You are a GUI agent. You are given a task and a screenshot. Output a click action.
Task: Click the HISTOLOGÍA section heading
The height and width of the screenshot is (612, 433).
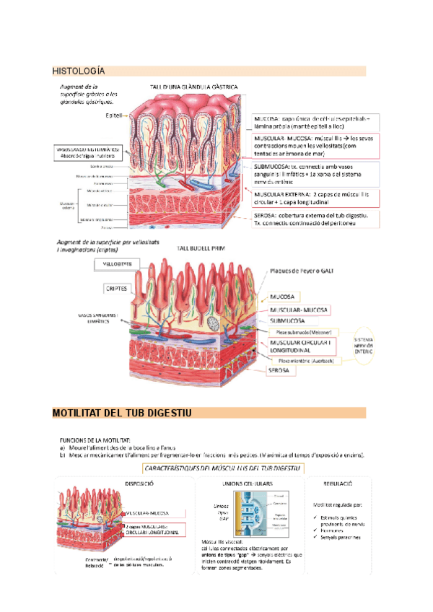tap(79, 71)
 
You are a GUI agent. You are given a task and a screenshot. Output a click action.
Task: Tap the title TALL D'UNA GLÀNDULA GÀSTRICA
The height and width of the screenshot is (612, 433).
tap(194, 87)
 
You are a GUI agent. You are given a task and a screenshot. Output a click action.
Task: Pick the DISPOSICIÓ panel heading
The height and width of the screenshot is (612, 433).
tap(140, 483)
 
